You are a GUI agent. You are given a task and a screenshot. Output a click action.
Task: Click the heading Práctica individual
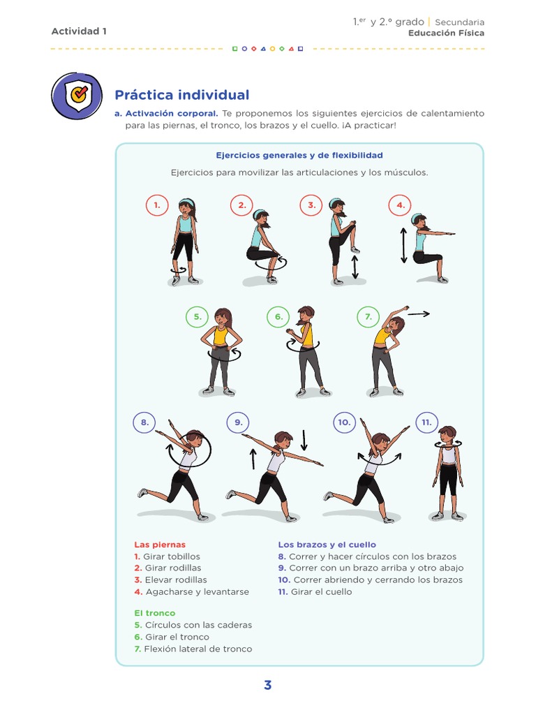(181, 95)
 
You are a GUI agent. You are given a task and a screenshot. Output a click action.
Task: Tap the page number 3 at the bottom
(267, 685)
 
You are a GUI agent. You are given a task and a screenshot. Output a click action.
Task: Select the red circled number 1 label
(157, 205)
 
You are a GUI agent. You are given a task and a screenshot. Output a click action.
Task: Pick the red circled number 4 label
(400, 205)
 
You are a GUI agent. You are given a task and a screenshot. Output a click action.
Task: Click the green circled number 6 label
(278, 317)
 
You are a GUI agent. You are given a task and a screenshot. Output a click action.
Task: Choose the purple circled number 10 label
(344, 422)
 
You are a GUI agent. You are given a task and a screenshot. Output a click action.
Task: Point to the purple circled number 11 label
(426, 422)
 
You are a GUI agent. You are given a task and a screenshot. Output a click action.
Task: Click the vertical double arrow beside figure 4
(403, 245)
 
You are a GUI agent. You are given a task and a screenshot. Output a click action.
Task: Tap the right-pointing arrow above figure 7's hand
(419, 314)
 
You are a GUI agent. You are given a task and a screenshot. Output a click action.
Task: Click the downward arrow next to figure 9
(304, 440)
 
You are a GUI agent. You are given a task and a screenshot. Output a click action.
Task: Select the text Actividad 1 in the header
(79, 31)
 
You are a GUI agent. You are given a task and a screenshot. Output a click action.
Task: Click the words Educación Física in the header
(446, 33)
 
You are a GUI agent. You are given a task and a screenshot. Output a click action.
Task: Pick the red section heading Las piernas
(160, 545)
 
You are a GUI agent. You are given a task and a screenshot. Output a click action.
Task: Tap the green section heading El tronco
(154, 613)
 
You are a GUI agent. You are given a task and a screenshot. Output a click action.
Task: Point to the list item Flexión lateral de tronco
(198, 649)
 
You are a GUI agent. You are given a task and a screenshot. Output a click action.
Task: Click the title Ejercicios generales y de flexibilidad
(299, 155)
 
